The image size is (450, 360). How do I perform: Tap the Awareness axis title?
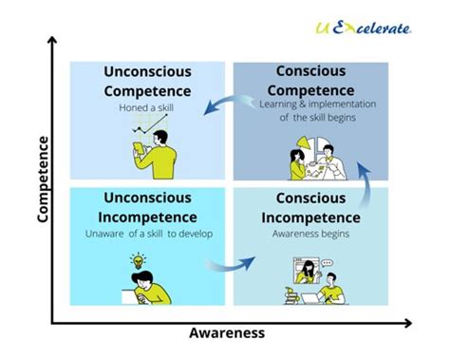(x=227, y=333)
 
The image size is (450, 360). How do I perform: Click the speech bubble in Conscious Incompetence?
(x=328, y=262)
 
